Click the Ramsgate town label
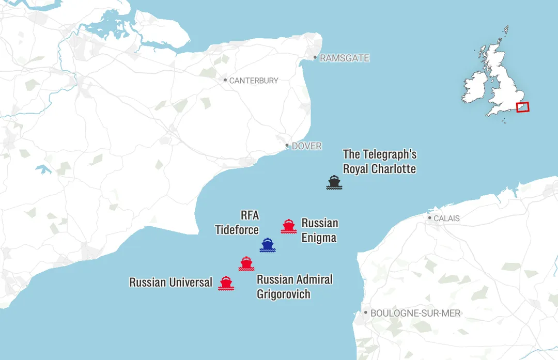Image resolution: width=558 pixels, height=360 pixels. coord(345,58)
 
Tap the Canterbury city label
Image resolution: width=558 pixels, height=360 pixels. coord(253,81)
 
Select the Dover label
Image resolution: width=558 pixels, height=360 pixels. coord(306,146)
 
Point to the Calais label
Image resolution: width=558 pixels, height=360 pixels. coord(446,218)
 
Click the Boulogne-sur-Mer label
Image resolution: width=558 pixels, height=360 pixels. coord(415,313)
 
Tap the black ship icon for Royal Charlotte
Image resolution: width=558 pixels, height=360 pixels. coord(334,182)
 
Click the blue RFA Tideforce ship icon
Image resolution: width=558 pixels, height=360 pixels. coord(267,245)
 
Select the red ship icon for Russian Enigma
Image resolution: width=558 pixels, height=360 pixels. coord(288,226)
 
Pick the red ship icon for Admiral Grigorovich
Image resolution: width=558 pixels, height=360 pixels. coord(246,263)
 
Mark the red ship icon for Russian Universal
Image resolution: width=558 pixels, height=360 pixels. coord(226,283)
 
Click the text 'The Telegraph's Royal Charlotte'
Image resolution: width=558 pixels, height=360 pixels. coord(379,162)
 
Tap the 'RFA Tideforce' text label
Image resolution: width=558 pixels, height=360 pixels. coord(237,223)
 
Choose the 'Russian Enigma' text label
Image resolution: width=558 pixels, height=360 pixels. coord(319,230)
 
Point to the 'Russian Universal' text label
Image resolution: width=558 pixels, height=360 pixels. coord(171,283)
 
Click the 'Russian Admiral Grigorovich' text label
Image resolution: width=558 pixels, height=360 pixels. coord(295,287)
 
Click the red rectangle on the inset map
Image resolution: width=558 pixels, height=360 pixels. coord(522,107)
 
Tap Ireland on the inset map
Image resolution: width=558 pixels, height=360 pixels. coord(475,87)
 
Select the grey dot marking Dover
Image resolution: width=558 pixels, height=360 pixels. coord(287,146)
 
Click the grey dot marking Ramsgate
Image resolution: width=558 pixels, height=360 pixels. coord(315,58)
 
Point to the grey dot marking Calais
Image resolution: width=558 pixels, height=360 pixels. coord(429,218)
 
